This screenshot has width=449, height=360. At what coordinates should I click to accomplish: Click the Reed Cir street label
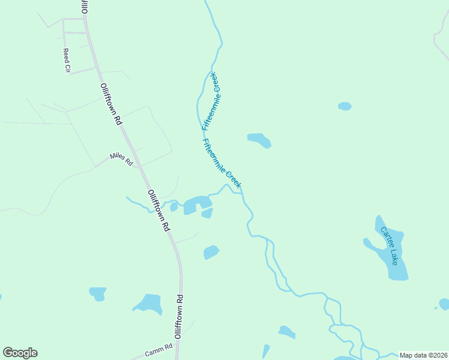67,61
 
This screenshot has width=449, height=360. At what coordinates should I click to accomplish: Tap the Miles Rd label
121,159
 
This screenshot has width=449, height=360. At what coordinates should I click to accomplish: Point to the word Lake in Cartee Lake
393,258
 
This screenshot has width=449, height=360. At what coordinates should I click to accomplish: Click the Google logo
20,353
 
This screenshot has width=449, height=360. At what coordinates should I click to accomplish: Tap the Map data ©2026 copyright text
423,355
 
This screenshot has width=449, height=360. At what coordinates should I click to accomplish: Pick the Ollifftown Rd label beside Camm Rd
178,317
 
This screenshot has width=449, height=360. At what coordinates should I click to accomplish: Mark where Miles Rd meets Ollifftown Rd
139,167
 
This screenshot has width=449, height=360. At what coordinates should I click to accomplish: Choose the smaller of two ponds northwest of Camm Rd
97,293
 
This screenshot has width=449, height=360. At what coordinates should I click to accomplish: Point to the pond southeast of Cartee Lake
444,304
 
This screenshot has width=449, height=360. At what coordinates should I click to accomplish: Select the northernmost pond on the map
345,106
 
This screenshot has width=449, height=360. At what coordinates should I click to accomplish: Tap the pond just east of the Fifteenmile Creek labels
259,140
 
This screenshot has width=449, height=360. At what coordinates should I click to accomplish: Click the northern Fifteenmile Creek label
212,101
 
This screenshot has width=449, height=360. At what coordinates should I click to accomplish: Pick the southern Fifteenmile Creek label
222,164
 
